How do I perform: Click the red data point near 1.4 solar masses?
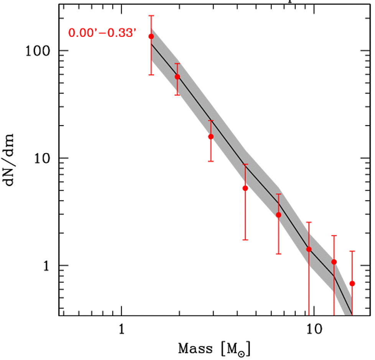151,36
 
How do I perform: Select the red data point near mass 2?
177,77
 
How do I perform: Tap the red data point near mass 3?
211,137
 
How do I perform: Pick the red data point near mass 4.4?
245,188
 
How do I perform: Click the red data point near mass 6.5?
278,215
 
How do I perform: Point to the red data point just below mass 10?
309,249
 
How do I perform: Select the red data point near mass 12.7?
334,262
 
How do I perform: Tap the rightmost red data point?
352,283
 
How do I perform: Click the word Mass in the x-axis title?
195,349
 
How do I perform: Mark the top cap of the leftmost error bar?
151,16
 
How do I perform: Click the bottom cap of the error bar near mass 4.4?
245,240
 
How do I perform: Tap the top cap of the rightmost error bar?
352,251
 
